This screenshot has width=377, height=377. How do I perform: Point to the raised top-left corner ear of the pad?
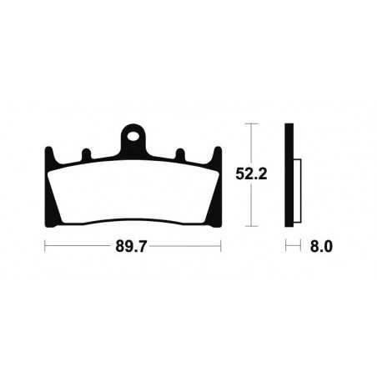pyautogui.click(x=48, y=153)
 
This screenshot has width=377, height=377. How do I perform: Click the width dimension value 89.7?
pyautogui.click(x=133, y=247)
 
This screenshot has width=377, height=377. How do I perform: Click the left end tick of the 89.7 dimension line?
pyautogui.click(x=44, y=247)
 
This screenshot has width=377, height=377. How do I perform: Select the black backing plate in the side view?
pyautogui.click(x=289, y=175)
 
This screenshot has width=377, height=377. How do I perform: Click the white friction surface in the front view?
pyautogui.click(x=133, y=192)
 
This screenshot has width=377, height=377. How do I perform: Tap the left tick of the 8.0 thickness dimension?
pyautogui.click(x=286, y=247)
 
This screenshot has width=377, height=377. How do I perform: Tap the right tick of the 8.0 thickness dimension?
pyautogui.click(x=299, y=247)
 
